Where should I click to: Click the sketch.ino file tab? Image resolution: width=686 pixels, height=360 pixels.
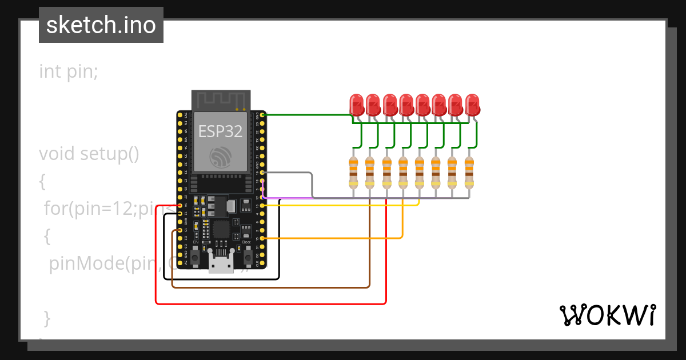(101, 25)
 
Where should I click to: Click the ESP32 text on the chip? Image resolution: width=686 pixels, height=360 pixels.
(220, 131)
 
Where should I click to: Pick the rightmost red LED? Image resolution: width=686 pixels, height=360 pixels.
(472, 105)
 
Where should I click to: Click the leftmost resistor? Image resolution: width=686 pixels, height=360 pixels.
(353, 173)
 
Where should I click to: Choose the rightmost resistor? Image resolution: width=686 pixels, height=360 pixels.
(469, 173)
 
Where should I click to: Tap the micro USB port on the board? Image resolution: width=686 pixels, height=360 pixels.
(221, 265)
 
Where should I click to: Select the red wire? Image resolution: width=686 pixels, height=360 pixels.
(272, 303)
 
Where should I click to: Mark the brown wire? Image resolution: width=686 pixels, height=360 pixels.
(272, 287)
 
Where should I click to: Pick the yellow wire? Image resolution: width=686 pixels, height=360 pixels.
(343, 205)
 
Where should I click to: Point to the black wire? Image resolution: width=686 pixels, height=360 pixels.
(229, 279)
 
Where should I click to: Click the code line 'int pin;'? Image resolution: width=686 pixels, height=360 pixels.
(69, 72)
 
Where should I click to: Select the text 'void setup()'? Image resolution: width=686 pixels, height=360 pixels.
(89, 154)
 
